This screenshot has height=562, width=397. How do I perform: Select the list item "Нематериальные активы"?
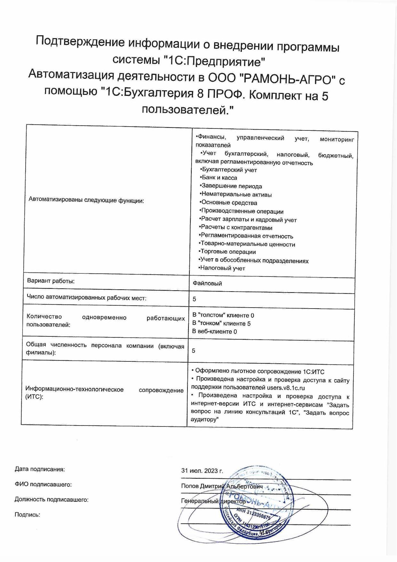[x=236, y=194]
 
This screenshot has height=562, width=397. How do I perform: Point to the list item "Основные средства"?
[x=229, y=203]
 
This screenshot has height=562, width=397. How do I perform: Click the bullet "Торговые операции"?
[x=228, y=252]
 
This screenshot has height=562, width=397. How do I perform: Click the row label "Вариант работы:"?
[x=51, y=281]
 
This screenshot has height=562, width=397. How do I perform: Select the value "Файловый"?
[x=207, y=284]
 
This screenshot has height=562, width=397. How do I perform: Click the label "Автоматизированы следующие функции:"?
[x=86, y=201]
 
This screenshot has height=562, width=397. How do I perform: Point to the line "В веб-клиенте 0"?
[x=214, y=332]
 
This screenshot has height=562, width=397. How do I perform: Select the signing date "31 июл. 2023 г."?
[x=202, y=471]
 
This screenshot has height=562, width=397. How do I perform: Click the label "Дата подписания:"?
[x=40, y=469]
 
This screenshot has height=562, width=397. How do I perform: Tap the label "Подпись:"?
[x=28, y=515]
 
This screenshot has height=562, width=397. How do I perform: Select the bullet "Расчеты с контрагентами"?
[x=237, y=228]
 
